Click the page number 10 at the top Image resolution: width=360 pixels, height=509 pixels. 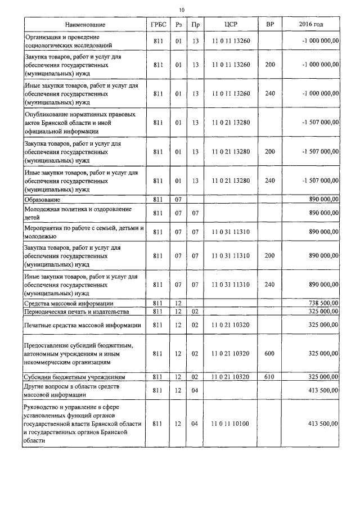tap(181, 10)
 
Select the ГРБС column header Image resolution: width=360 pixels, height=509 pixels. tap(158, 25)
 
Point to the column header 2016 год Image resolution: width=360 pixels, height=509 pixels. tap(311, 25)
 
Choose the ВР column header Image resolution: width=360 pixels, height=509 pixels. tap(269, 25)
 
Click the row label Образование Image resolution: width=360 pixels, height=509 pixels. tap(42, 200)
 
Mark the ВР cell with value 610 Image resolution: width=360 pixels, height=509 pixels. tap(269, 376)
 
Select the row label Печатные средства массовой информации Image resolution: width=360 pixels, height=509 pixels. tap(82, 325)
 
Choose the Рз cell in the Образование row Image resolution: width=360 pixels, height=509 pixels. tap(178, 200)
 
